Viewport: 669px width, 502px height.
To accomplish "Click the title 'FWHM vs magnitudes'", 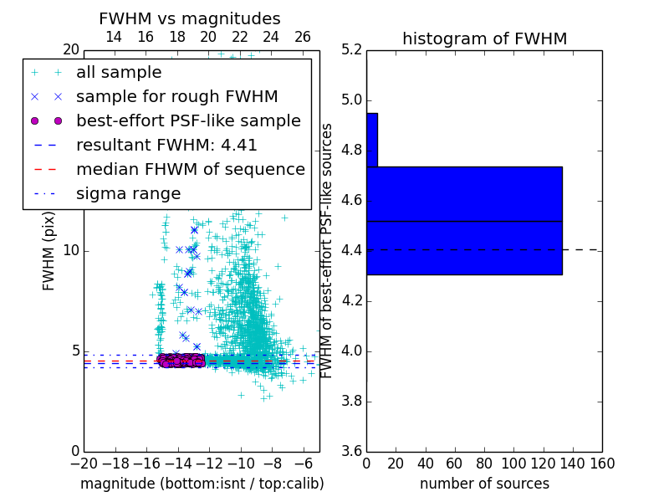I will click(x=190, y=19).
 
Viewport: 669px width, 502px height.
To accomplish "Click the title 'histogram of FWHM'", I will click(x=484, y=39).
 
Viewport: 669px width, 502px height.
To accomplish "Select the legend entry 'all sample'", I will click(x=119, y=73).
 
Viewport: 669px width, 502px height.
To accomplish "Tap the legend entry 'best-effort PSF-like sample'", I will click(x=188, y=120).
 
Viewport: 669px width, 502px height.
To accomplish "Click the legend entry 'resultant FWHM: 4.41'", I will click(x=166, y=145).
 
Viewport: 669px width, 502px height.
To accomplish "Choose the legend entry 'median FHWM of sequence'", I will click(x=190, y=169).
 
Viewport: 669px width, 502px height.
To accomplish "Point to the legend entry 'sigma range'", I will click(x=128, y=193).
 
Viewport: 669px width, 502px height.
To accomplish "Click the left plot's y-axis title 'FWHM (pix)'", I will click(x=49, y=251).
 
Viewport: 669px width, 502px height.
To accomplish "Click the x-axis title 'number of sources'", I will click(x=484, y=484).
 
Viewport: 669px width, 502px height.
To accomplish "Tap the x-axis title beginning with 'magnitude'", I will click(x=202, y=484).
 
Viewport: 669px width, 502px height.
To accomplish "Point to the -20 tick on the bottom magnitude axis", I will click(x=84, y=464).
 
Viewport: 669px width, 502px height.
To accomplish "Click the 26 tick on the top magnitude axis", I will click(x=303, y=37).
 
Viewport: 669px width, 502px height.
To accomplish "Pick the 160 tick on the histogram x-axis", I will click(x=602, y=464).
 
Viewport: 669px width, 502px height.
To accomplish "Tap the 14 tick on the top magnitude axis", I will click(x=114, y=37).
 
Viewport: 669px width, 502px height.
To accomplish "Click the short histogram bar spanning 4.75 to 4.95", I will click(x=372, y=140).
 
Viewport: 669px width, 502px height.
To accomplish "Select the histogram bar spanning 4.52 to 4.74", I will click(x=464, y=193).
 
